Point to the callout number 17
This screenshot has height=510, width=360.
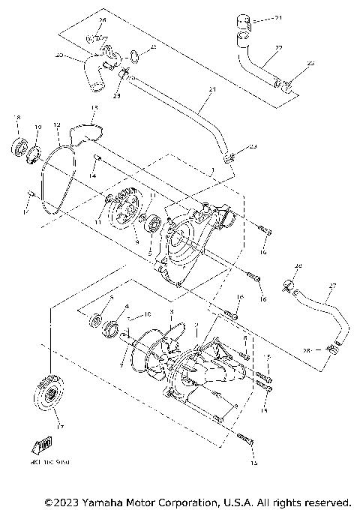pyautogui.click(x=60, y=427)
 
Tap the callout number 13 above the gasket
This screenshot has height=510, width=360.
pyautogui.click(x=93, y=108)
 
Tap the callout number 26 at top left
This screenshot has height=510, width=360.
pyautogui.click(x=103, y=19)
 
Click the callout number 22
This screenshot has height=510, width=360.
pyautogui.click(x=278, y=49)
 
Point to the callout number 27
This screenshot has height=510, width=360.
pyautogui.click(x=333, y=286)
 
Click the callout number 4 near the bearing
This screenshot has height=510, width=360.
pyautogui.click(x=127, y=307)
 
